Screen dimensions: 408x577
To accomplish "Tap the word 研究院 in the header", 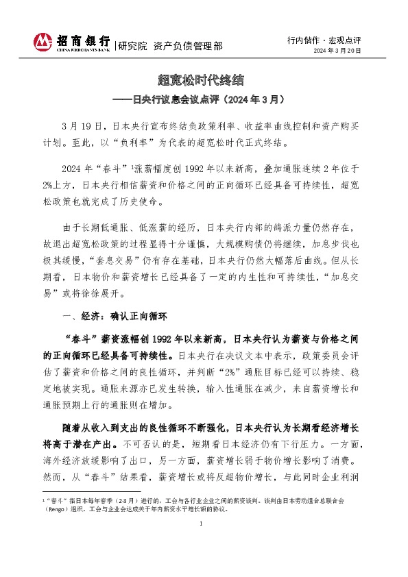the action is coord(132,47).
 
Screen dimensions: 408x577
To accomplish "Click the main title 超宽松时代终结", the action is coord(204,81).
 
